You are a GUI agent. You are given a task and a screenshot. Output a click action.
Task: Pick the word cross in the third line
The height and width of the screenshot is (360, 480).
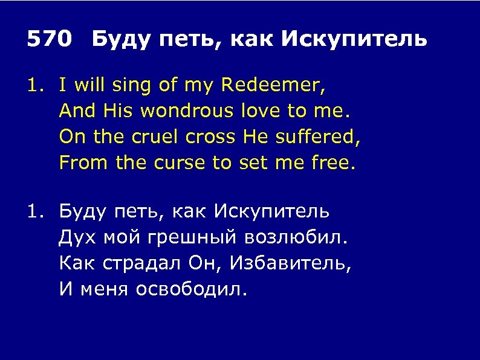point(214,137)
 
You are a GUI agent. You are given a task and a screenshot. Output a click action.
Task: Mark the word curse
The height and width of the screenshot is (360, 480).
point(179,162)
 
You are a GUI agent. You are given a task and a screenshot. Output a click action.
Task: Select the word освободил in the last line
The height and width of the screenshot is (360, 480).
point(191,289)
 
